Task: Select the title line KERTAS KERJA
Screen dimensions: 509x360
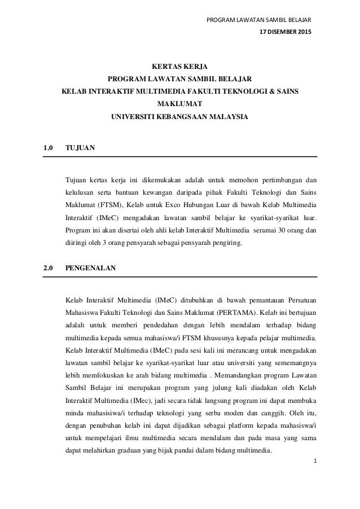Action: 179,65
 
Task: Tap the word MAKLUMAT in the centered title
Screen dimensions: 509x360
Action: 179,104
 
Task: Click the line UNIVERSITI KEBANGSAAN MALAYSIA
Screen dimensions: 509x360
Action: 179,117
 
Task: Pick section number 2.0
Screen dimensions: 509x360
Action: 49,268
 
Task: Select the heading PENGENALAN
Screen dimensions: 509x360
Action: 91,268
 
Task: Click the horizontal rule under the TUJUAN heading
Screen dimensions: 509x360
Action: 181,156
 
